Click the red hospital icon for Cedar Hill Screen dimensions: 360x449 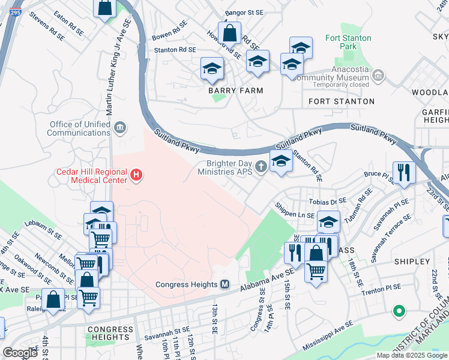tap(137, 175)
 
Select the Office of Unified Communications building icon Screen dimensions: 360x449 tap(120, 127)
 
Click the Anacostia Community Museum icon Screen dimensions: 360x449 tap(378, 76)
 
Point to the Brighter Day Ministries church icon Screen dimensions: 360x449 tap(261, 166)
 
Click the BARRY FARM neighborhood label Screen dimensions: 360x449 tap(235, 91)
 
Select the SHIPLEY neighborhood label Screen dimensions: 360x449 tap(412, 262)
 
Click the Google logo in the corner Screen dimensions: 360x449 tap(20, 353)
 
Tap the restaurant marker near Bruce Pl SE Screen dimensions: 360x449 tap(404, 172)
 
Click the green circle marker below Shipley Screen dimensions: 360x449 tap(397, 311)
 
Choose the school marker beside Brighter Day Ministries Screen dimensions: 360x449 tap(281, 160)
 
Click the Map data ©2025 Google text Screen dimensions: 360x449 tap(411, 355)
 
